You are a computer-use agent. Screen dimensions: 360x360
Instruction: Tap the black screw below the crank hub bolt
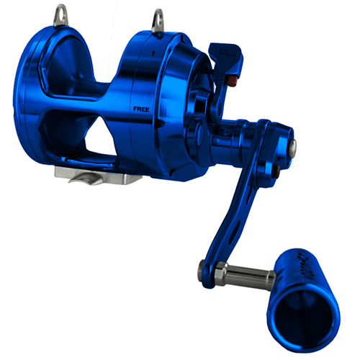(276, 171)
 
